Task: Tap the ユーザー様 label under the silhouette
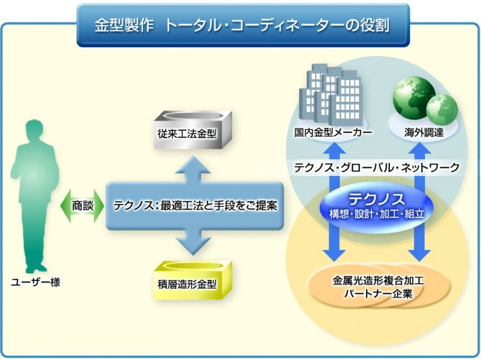pos(36,283)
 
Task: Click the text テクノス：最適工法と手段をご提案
pos(195,205)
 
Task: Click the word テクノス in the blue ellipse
pos(376,199)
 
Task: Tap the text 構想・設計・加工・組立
pos(376,213)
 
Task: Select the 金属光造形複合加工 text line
pos(378,281)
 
